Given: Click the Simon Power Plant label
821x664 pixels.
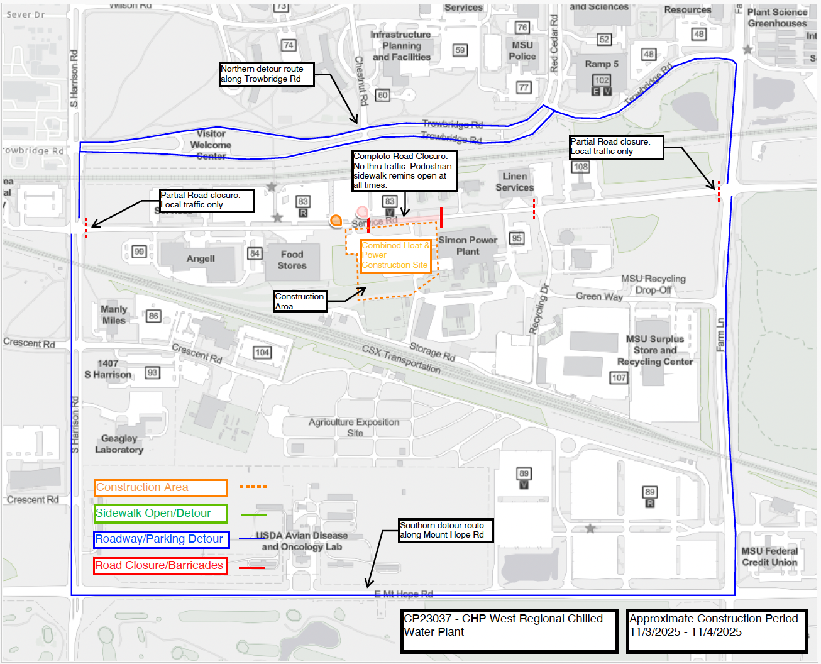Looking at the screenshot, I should click(468, 246).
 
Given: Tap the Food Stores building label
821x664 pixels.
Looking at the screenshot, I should click(292, 260).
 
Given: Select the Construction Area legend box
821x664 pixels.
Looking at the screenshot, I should click(161, 488).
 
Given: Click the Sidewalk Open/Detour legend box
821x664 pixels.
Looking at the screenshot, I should click(161, 514).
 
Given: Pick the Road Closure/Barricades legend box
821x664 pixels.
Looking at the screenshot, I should click(160, 566).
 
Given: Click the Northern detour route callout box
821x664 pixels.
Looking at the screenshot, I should click(267, 74).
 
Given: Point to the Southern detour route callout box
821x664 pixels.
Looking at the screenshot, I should click(446, 530).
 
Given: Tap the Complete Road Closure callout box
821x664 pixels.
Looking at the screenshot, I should click(404, 170).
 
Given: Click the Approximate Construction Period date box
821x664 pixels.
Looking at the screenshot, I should click(717, 630).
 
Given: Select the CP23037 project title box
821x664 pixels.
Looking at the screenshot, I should click(509, 630).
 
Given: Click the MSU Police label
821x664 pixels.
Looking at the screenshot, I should click(522, 51).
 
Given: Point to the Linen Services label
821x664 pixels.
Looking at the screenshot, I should click(515, 182).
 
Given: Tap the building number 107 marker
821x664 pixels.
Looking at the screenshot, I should click(619, 378).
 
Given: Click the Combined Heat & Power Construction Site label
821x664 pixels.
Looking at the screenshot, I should click(396, 255).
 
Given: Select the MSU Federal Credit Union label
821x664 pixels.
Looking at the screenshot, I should click(769, 556).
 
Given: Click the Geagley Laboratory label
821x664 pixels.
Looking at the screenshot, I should click(119, 444).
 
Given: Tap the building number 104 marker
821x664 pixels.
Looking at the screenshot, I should click(262, 352).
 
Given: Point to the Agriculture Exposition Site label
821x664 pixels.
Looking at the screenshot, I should click(354, 428).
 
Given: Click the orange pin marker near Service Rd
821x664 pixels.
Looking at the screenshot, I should click(336, 220).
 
